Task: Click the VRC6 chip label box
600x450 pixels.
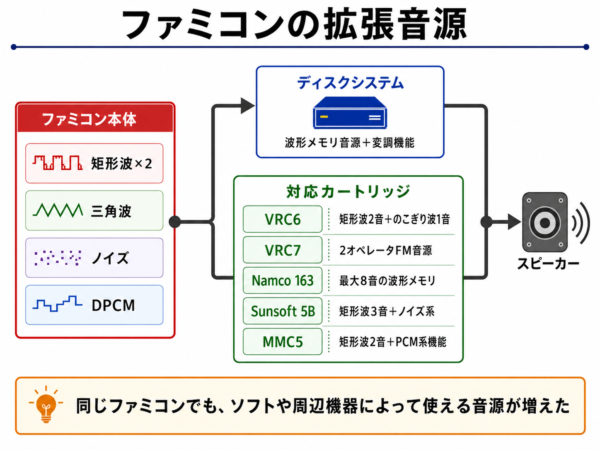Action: click(282, 219)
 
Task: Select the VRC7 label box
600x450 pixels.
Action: click(282, 250)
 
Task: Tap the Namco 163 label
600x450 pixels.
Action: click(282, 281)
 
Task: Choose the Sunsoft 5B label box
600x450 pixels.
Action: click(282, 311)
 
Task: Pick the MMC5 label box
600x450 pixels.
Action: click(282, 342)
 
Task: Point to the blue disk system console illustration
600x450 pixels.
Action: click(350, 113)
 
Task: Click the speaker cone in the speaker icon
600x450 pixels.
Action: click(544, 223)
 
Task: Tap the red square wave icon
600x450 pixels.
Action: click(58, 163)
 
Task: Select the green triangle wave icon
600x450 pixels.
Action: click(58, 210)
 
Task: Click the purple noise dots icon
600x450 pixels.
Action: click(58, 258)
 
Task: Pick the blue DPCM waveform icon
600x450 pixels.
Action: click(58, 304)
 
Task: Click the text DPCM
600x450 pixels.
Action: click(113, 305)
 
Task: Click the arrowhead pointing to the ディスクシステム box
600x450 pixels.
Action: click(248, 106)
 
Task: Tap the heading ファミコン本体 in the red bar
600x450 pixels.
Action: click(89, 119)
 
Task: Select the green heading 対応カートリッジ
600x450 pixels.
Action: click(348, 191)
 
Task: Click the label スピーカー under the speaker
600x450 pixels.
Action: click(548, 264)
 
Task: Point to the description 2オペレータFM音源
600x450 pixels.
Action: click(385, 250)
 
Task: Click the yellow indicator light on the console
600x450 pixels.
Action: click(324, 117)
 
